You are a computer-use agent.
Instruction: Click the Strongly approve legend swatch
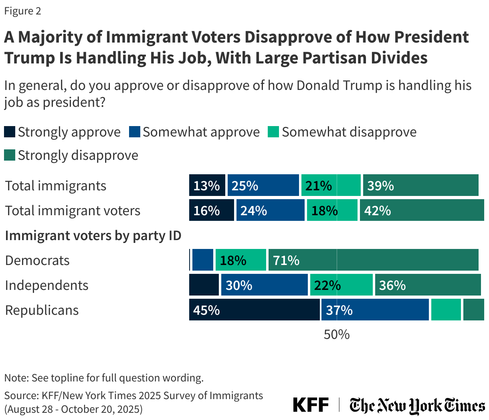click(x=10, y=132)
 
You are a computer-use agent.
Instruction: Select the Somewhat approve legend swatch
click(x=134, y=132)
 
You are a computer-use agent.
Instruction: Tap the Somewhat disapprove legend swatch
click(x=273, y=132)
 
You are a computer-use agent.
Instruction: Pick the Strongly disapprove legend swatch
click(x=10, y=155)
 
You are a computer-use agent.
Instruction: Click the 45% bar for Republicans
click(x=254, y=310)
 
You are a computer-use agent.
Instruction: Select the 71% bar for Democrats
click(x=373, y=260)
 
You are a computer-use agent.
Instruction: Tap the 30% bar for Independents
click(x=264, y=285)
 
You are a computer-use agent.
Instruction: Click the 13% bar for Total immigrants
click(x=207, y=185)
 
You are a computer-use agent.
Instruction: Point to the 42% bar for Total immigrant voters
click(x=422, y=210)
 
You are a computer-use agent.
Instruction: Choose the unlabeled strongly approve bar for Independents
click(x=204, y=285)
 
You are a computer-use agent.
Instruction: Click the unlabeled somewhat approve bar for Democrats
click(x=202, y=260)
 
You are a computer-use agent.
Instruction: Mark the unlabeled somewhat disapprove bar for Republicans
click(x=446, y=310)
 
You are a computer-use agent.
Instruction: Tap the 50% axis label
click(x=337, y=334)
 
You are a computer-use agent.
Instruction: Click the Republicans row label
click(x=42, y=310)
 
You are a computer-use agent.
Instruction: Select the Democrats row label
click(x=37, y=260)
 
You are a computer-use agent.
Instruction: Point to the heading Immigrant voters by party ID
click(x=93, y=235)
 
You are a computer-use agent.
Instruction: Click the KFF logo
click(x=311, y=405)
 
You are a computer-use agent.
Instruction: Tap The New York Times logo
click(x=417, y=405)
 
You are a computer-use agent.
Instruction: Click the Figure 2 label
click(x=22, y=11)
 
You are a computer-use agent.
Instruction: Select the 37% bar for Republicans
click(x=375, y=310)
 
